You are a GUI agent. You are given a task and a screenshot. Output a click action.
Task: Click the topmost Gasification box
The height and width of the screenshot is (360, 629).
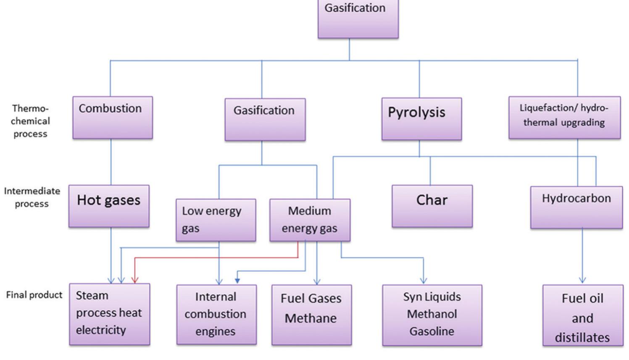(x=358, y=19)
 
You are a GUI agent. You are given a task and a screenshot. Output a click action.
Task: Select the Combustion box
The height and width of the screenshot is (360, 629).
(x=113, y=118)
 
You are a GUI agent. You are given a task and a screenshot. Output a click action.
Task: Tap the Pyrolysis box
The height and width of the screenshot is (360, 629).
(x=421, y=119)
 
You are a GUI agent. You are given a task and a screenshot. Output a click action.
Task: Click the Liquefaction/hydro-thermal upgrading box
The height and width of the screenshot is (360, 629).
(x=564, y=118)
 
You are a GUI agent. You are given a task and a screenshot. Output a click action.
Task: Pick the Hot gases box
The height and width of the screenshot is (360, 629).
(x=109, y=206)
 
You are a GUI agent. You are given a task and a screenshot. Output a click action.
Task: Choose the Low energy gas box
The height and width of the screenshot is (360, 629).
(x=216, y=220)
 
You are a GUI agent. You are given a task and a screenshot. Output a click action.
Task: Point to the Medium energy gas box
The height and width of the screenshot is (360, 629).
(x=310, y=220)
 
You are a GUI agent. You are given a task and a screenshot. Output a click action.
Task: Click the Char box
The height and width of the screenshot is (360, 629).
(x=432, y=206)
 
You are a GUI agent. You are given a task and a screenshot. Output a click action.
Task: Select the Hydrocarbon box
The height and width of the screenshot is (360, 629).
(x=576, y=208)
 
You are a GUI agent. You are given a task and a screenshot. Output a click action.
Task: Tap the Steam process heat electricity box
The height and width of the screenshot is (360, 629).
(x=109, y=314)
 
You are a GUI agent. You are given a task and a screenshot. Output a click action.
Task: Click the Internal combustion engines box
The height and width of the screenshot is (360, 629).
(x=216, y=315)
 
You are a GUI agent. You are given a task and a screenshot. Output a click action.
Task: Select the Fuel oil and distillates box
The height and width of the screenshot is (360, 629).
(x=583, y=315)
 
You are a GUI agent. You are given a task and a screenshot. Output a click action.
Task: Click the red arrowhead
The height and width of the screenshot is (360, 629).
(x=134, y=280)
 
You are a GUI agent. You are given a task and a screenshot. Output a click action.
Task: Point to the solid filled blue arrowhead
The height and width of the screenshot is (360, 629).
(x=237, y=280)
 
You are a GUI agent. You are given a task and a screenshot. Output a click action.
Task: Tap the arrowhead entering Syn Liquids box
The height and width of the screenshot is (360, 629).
(x=424, y=280)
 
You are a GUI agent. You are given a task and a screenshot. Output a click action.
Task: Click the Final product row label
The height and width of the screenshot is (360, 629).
(x=34, y=295)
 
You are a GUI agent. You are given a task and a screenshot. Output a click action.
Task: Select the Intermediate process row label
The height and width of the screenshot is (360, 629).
(x=32, y=197)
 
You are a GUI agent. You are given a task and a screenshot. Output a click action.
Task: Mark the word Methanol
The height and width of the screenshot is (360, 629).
(x=432, y=314)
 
